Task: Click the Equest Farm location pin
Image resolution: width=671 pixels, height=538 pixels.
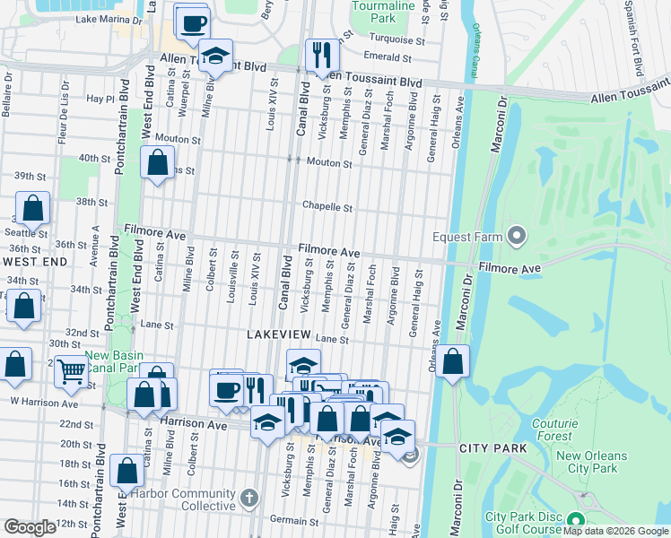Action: coord(516,237)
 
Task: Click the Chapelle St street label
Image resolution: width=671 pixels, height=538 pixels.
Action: coord(327,207)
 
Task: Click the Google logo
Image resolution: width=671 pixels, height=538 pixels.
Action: coord(30,527)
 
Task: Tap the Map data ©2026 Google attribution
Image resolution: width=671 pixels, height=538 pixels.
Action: coord(615,531)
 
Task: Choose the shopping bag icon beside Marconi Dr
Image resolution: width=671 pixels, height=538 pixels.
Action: coord(454,362)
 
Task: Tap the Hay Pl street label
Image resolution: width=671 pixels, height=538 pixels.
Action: coord(98,99)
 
